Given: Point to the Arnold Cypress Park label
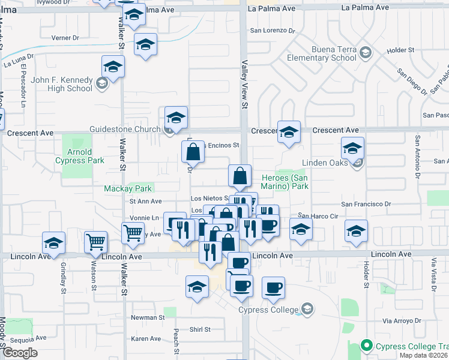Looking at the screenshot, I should (x=79, y=156).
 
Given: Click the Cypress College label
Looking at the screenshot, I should (x=268, y=310).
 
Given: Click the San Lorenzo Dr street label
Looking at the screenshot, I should (x=273, y=30).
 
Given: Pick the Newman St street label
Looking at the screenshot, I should (x=148, y=317).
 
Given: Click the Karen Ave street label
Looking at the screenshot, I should (x=146, y=339).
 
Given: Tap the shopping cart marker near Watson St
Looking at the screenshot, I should (x=95, y=241).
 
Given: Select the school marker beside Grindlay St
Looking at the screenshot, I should (x=54, y=243).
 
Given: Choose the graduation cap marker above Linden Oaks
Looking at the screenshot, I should (x=352, y=148).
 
